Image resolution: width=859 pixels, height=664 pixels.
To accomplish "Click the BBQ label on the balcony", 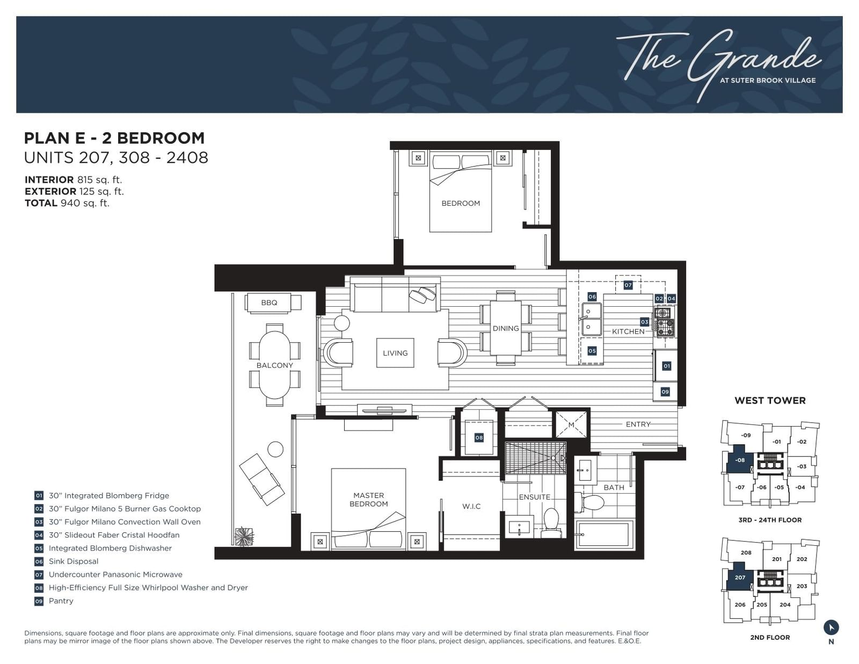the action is (x=269, y=302).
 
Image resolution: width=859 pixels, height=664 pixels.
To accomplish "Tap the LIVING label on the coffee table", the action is (x=395, y=353).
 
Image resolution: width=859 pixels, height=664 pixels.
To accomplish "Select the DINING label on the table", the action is (x=506, y=328).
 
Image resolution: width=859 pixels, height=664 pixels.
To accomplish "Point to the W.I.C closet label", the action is (x=471, y=506).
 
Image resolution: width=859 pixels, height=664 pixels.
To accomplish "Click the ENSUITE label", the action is (x=534, y=497).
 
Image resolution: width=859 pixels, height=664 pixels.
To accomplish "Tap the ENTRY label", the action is (x=638, y=424).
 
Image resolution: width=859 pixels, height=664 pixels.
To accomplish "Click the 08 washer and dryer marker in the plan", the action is (x=479, y=437).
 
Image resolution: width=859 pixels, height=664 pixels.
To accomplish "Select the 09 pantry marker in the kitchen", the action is (x=665, y=392).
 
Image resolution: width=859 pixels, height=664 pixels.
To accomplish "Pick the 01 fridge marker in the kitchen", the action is (x=666, y=366).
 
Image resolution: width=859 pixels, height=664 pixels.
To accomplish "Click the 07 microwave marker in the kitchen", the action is (x=628, y=285).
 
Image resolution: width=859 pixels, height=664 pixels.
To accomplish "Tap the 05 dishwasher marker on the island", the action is (x=592, y=351).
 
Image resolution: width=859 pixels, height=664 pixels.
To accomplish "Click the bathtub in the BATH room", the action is (x=605, y=535).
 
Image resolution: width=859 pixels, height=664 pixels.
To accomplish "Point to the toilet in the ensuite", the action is (x=551, y=523).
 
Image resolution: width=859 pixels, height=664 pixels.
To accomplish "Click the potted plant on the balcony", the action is (x=244, y=537).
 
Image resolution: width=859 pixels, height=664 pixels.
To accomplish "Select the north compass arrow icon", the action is (x=831, y=627).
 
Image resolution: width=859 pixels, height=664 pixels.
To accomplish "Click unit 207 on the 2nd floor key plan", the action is (x=740, y=578).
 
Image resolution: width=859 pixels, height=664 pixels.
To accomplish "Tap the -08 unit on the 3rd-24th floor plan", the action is (x=740, y=460).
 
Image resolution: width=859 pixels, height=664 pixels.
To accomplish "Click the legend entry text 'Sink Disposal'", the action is (x=74, y=561).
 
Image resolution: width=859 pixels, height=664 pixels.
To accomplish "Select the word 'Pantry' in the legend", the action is (x=61, y=601).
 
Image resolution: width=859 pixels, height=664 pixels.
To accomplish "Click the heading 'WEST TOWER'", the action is (x=770, y=401).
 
